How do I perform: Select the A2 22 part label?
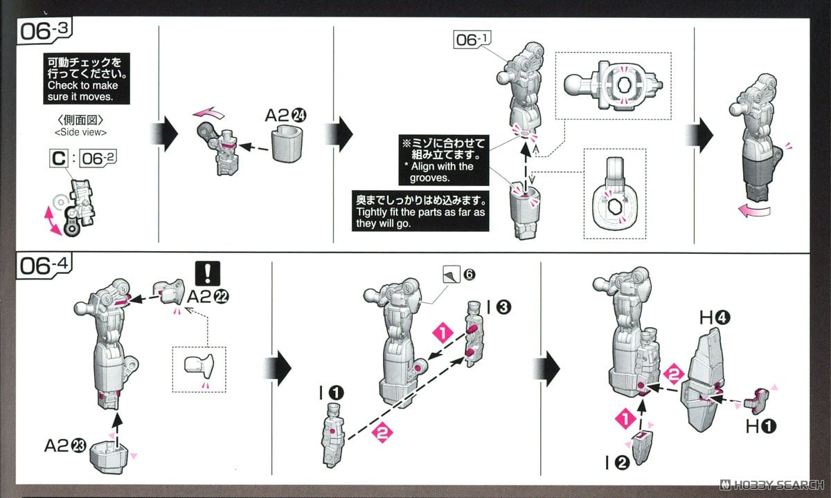208,297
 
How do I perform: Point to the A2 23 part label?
64,446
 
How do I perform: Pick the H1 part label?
760,427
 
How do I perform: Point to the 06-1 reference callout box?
470,40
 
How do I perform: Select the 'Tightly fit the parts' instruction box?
420,210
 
